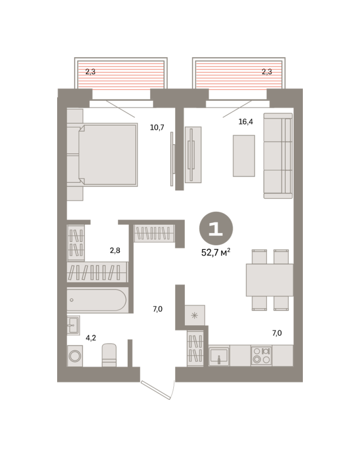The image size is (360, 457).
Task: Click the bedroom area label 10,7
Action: (157, 128)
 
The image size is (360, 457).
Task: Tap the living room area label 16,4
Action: (246, 122)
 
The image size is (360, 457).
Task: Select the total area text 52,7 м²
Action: (216, 252)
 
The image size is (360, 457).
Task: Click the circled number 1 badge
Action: (216, 228)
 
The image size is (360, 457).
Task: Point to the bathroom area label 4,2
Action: (90, 338)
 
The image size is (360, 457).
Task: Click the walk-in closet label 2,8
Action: (115, 250)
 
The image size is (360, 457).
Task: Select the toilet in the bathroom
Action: (109, 355)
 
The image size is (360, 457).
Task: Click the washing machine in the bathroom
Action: (75, 356)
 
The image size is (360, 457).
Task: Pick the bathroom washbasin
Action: (73, 325)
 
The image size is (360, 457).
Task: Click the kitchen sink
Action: (219, 356)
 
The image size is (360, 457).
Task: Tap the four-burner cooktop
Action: (261, 356)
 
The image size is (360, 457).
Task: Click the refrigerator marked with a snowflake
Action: (195, 315)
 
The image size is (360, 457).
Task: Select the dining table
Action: (270, 280)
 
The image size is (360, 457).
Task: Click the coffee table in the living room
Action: (244, 156)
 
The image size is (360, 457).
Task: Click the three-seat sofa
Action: (278, 156)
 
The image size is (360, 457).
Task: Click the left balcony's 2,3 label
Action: (90, 72)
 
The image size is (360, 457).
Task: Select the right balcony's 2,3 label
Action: (267, 72)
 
